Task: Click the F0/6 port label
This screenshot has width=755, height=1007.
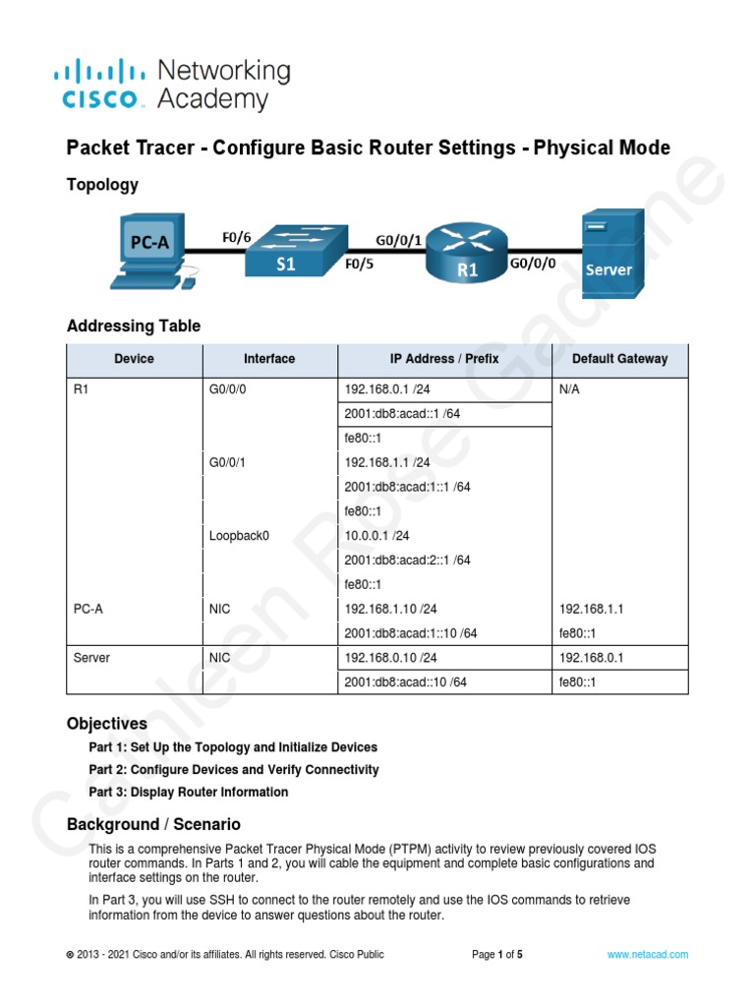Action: click(236, 237)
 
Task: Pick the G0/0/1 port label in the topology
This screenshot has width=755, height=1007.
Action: click(399, 239)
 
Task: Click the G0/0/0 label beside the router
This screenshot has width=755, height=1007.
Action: click(532, 264)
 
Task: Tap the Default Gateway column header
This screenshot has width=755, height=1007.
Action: click(619, 359)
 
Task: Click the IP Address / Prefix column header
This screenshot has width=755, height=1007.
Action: click(443, 359)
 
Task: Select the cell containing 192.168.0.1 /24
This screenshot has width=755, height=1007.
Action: click(387, 389)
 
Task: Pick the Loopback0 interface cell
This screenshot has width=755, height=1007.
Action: click(239, 536)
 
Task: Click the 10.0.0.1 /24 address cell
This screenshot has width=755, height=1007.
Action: click(377, 536)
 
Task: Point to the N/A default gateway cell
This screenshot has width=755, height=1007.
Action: click(570, 389)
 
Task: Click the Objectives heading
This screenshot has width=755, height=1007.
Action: click(107, 724)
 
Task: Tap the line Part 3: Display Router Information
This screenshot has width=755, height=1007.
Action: click(189, 792)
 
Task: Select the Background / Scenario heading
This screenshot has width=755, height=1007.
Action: click(153, 824)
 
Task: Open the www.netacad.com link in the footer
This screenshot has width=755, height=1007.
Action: click(647, 954)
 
